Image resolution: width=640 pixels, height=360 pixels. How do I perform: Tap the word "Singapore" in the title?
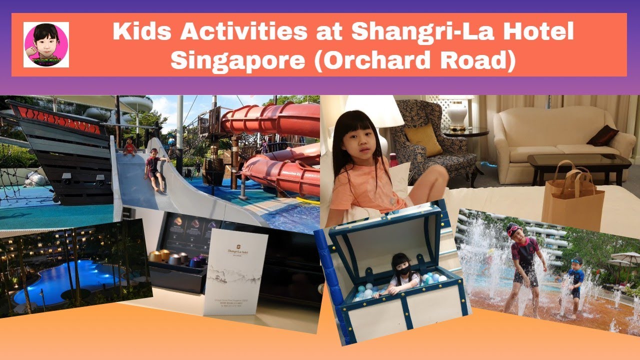tap(237, 60)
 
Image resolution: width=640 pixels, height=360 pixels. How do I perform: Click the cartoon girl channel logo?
tap(46, 44)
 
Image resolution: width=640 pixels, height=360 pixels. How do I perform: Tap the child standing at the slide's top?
tap(130, 146)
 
